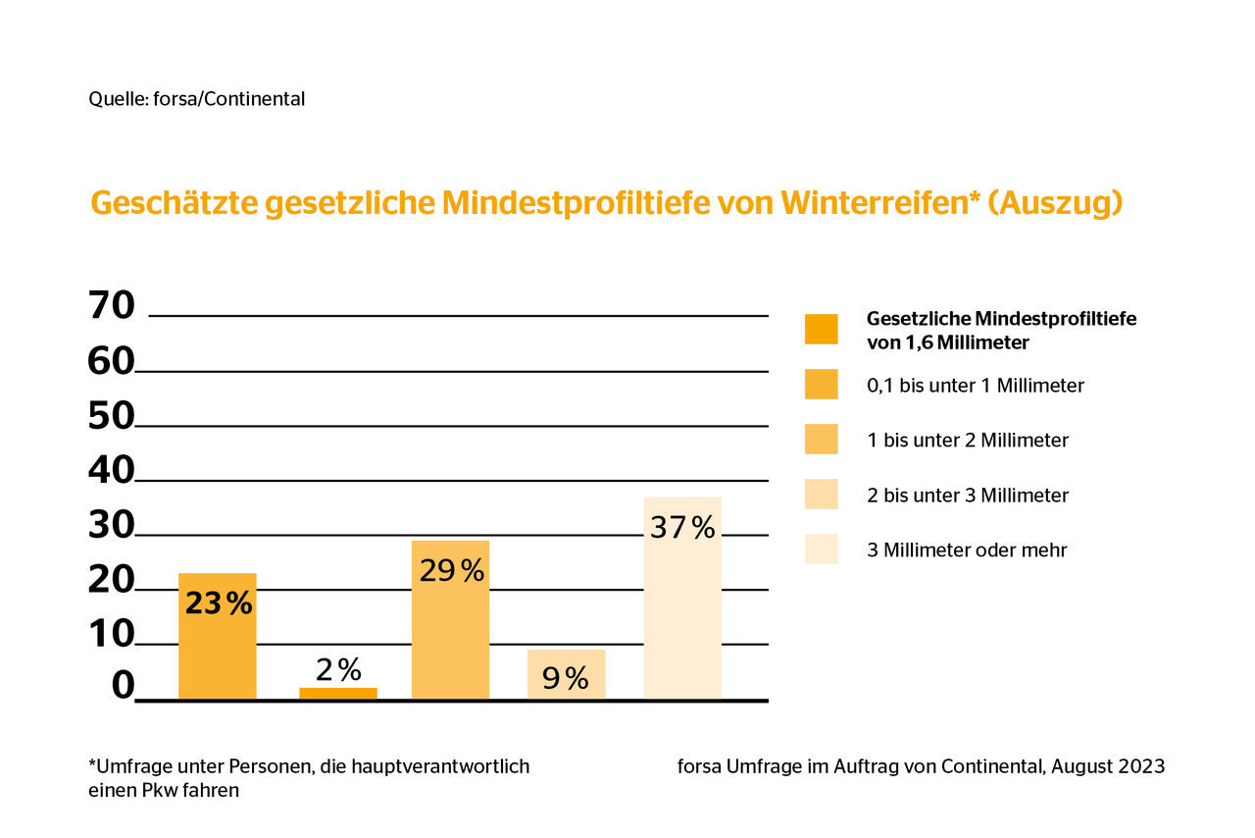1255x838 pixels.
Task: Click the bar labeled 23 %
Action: pos(218,636)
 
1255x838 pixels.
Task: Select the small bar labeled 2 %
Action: pos(338,694)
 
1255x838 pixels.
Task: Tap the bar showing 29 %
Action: pos(450,620)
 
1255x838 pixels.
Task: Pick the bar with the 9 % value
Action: pos(567,674)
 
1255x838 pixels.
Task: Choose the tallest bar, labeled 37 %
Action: pos(682,598)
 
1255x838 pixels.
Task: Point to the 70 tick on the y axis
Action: pos(112,306)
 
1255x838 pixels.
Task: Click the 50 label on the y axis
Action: pos(112,416)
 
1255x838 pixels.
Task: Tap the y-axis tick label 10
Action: pos(112,635)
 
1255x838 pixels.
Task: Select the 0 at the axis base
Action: pos(124,686)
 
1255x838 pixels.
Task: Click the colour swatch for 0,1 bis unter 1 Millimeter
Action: pos(821,385)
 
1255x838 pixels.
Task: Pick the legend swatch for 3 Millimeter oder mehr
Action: pos(821,549)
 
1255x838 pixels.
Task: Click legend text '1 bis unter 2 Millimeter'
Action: pos(968,441)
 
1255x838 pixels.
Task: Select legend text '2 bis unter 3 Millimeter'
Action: pos(968,496)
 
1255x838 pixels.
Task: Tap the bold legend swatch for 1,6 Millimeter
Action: pos(821,329)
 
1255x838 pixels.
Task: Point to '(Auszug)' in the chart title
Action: pos(1056,204)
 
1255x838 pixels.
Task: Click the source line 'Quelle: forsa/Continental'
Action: pos(197,99)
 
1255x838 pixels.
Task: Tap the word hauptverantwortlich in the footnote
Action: pos(440,766)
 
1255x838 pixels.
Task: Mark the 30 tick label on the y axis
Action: pos(112,526)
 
